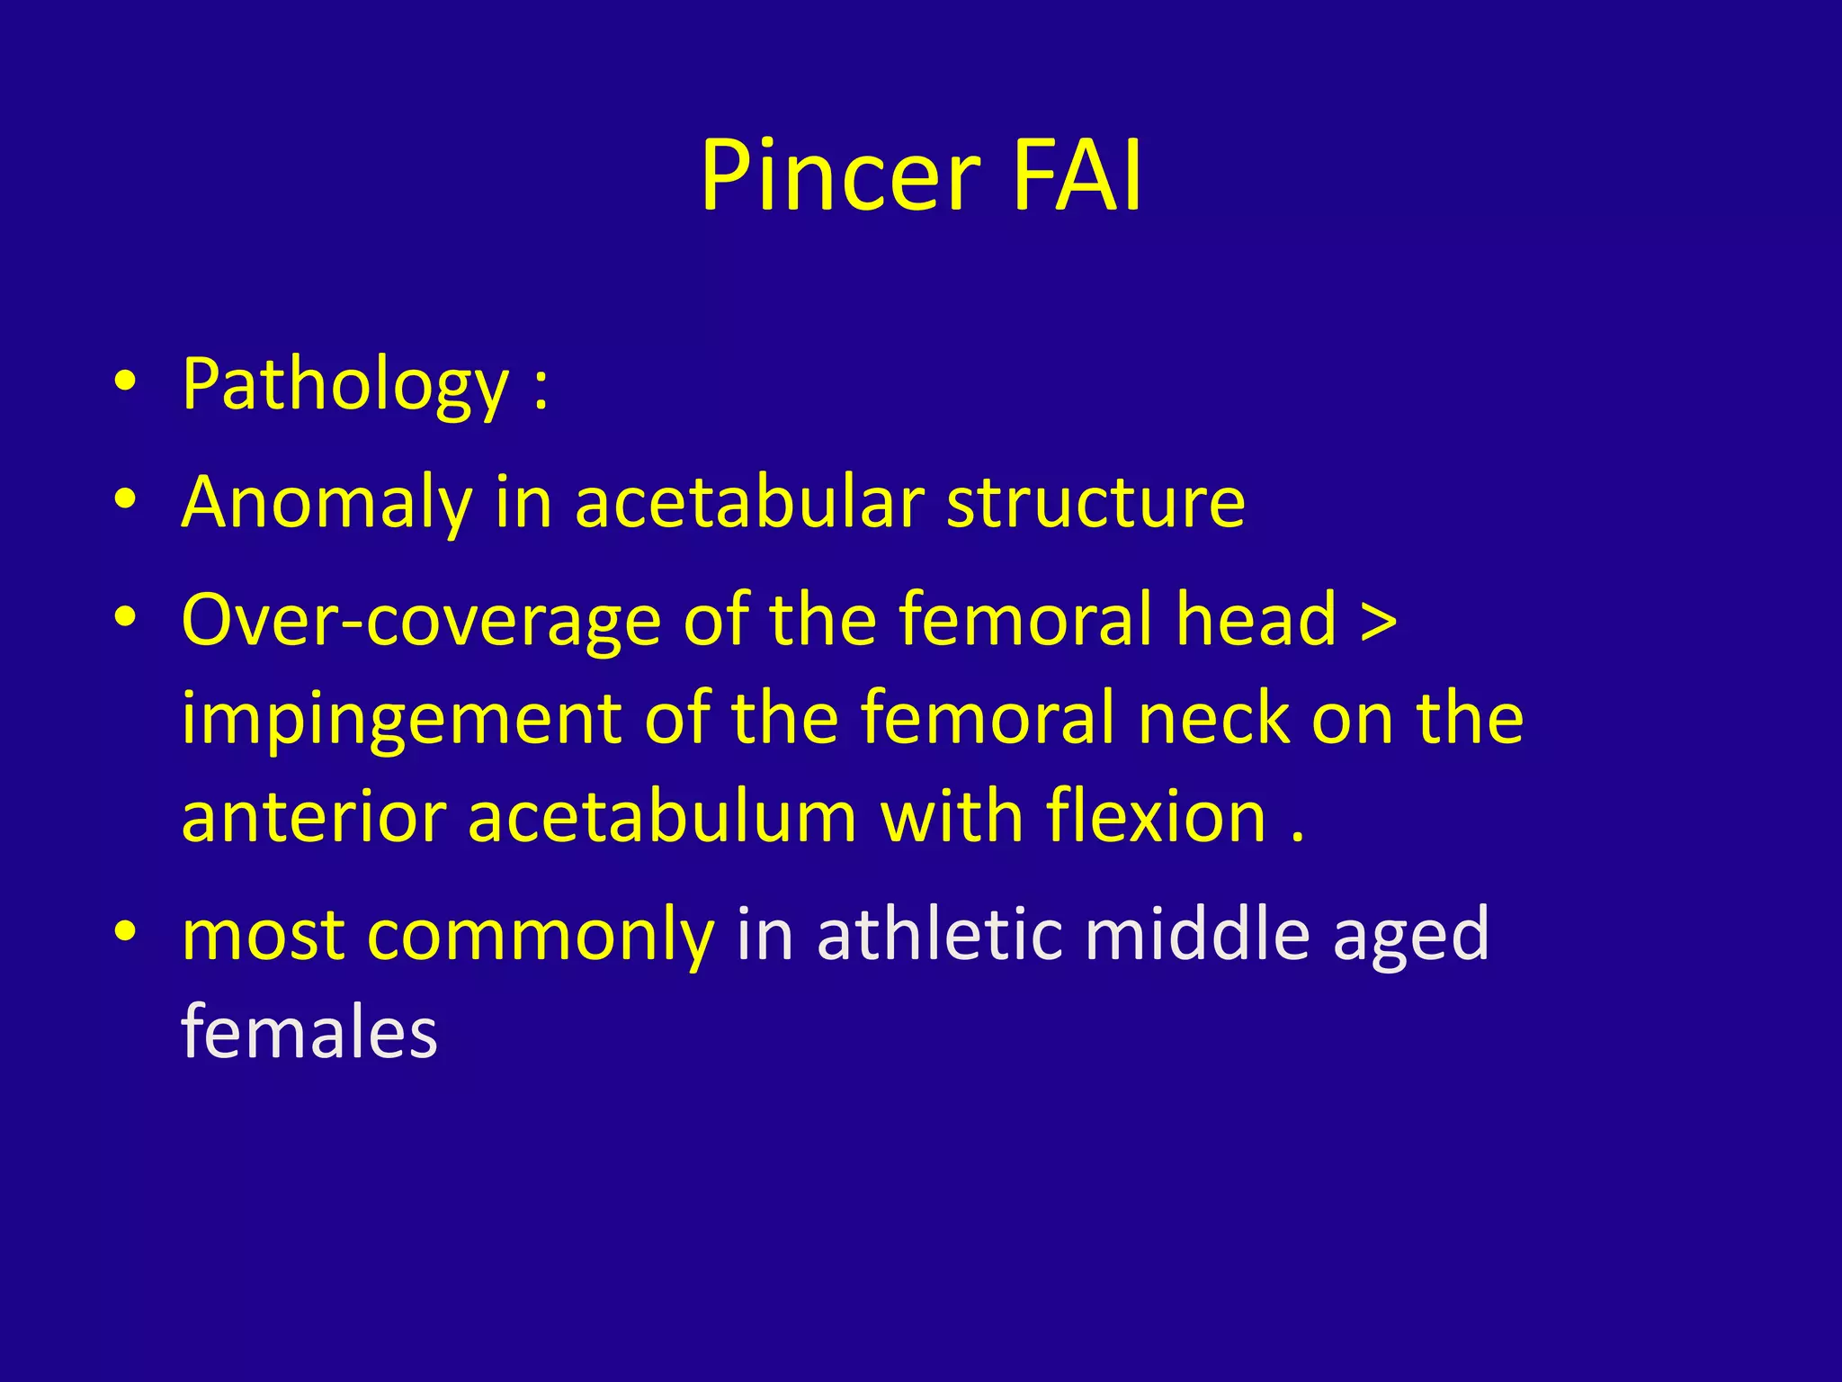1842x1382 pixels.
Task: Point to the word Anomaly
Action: [326, 502]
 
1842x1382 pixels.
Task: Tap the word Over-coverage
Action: [421, 620]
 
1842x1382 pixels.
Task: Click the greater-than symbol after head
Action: [1379, 620]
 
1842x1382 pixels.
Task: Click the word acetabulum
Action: [663, 817]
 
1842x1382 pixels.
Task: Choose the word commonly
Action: [541, 936]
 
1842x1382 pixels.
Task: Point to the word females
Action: [309, 1032]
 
